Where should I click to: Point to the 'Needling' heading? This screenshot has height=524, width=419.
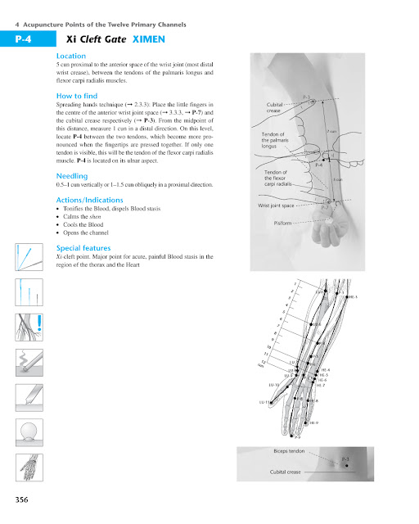click(x=71, y=175)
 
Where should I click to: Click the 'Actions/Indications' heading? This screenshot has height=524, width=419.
click(x=92, y=200)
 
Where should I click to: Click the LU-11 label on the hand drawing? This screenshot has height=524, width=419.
click(x=264, y=402)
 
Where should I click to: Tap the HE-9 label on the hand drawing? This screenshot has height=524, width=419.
click(x=314, y=422)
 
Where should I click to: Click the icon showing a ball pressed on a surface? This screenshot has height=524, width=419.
click(x=28, y=431)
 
